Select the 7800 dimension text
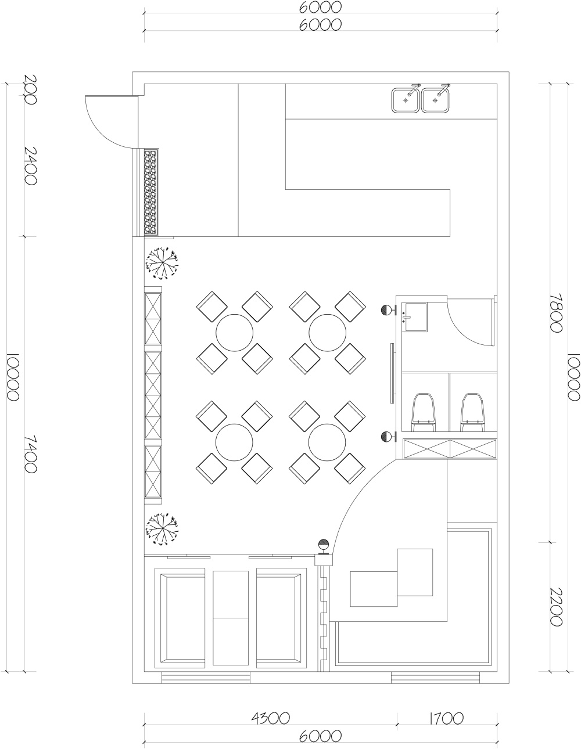point(556,312)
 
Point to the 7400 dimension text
point(30,453)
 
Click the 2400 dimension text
point(30,165)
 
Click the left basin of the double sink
point(406,100)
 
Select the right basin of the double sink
point(436,100)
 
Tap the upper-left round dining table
point(235,333)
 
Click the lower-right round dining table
point(327,442)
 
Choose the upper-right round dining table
point(328,333)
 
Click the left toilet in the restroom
point(424,412)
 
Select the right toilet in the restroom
point(472,412)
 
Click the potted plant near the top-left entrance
point(162,263)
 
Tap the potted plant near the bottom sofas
point(162,529)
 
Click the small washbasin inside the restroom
point(416,317)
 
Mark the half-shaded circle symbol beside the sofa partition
point(324,545)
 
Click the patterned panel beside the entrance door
point(150,192)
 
